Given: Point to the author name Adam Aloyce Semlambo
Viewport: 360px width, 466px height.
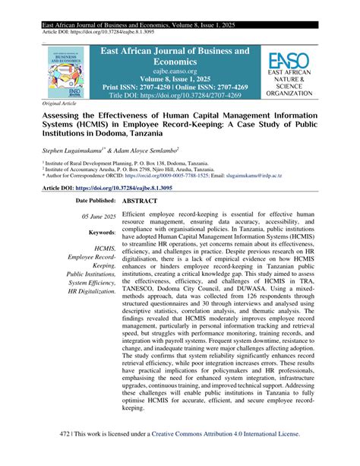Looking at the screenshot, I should click(x=153, y=151).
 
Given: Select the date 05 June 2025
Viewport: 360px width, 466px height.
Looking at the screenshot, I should click(x=96, y=217).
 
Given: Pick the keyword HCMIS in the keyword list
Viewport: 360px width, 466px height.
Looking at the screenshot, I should click(x=105, y=247).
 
